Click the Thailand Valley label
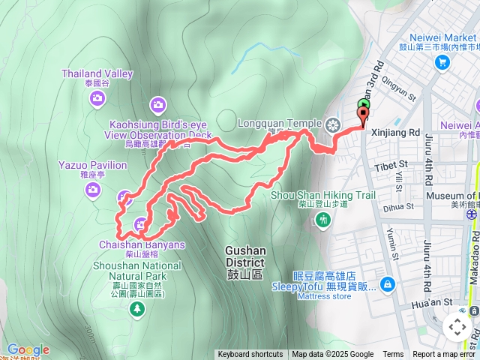point(109,74)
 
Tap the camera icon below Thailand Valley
point(158,104)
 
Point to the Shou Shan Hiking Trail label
point(322,195)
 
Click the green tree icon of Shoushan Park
point(136,310)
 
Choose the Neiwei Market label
point(442,38)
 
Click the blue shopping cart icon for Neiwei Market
point(442,62)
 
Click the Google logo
point(28,349)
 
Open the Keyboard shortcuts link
point(250,355)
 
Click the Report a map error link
point(445,355)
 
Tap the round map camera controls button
point(457,327)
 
